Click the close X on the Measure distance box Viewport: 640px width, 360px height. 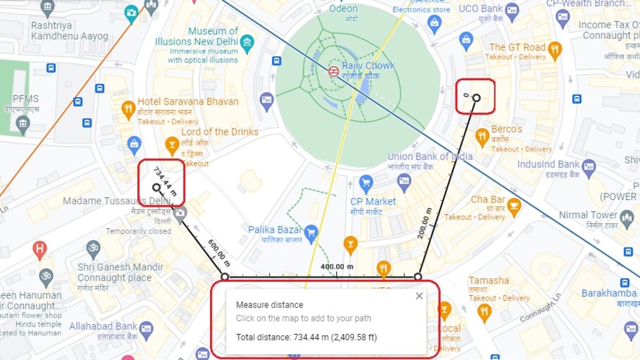click(x=419, y=296)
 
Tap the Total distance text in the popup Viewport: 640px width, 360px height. click(x=306, y=337)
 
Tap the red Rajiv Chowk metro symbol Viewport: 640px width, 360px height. click(x=333, y=71)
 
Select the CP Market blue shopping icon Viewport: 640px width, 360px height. click(x=365, y=183)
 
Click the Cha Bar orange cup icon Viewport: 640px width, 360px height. click(x=513, y=208)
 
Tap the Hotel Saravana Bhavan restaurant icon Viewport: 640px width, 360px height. click(x=128, y=109)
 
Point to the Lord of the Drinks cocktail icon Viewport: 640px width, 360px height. click(x=172, y=144)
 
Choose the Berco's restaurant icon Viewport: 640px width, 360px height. click(x=482, y=137)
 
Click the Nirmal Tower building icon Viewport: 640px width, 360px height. click(x=626, y=217)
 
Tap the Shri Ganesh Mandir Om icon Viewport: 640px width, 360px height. click(x=93, y=250)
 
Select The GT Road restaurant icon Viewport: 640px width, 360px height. click(x=554, y=50)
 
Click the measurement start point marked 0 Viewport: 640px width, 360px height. click(x=476, y=98)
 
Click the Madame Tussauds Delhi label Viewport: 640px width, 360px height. click(x=117, y=201)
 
